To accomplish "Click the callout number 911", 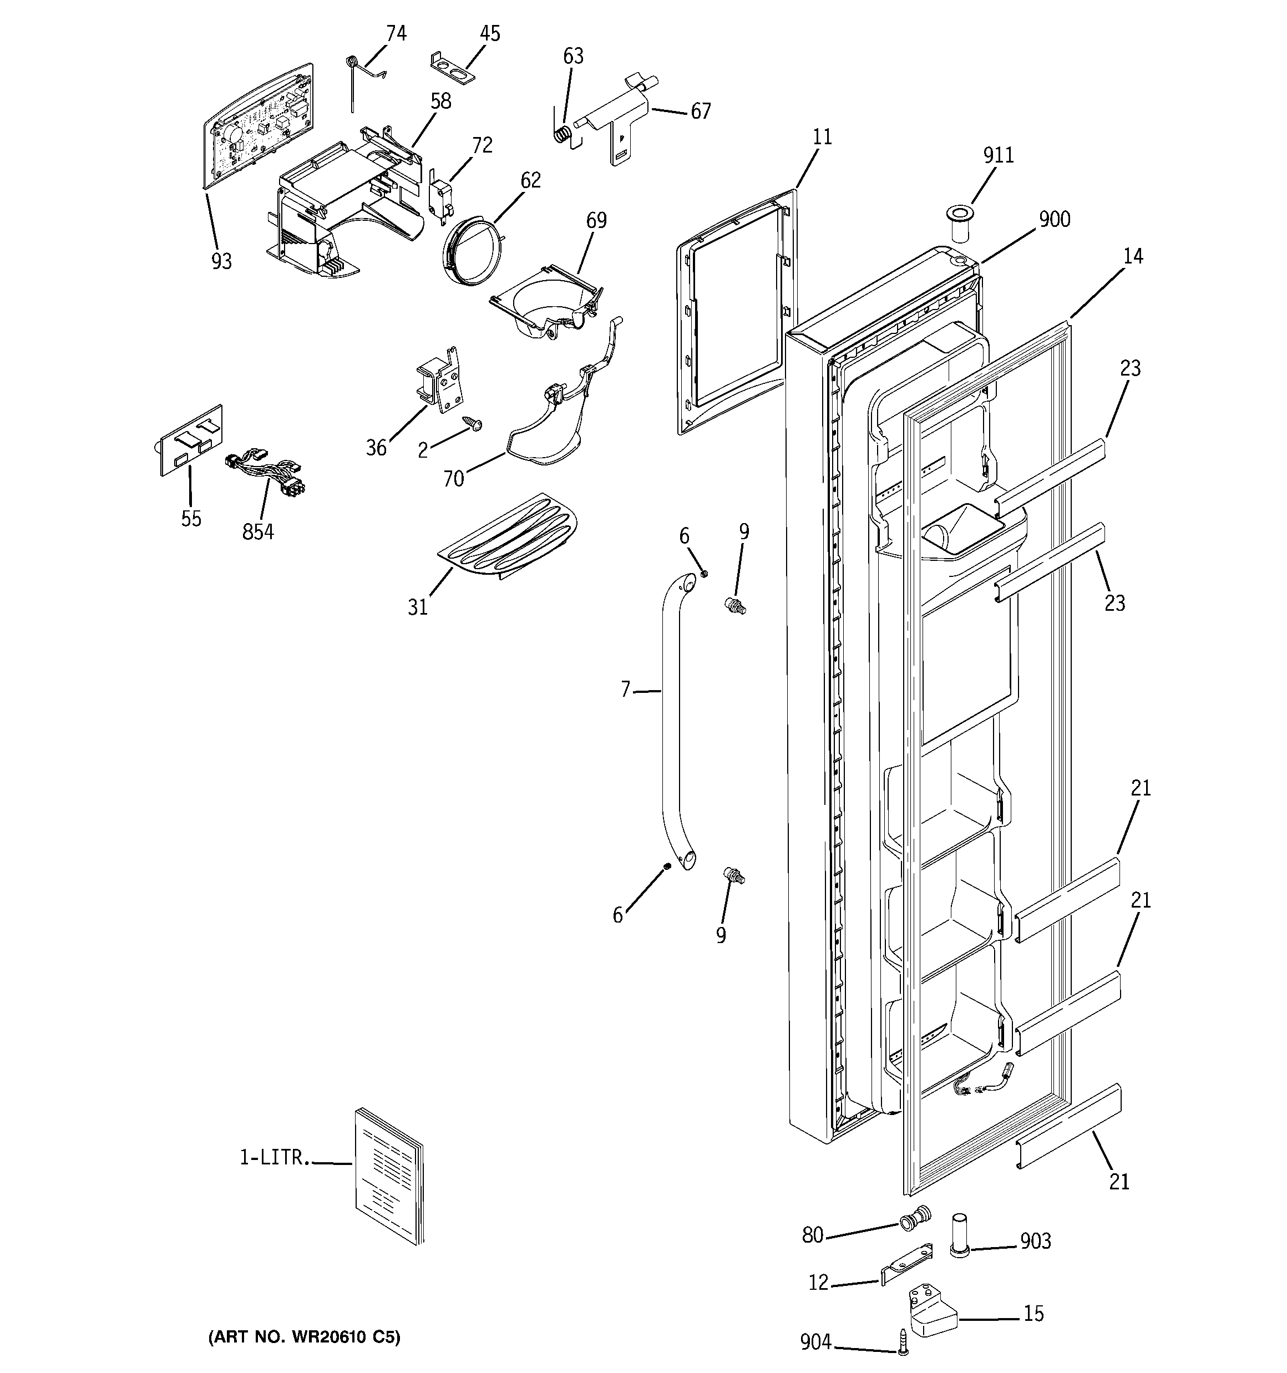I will coord(998,155).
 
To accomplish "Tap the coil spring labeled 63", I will coord(564,133).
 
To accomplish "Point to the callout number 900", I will coord(1054,220).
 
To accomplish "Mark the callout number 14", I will coord(1133,257).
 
